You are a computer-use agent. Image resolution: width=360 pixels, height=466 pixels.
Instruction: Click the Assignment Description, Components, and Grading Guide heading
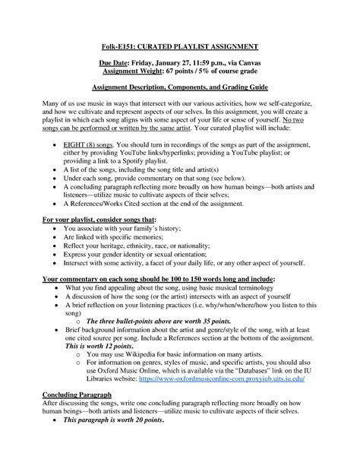click(179, 88)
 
